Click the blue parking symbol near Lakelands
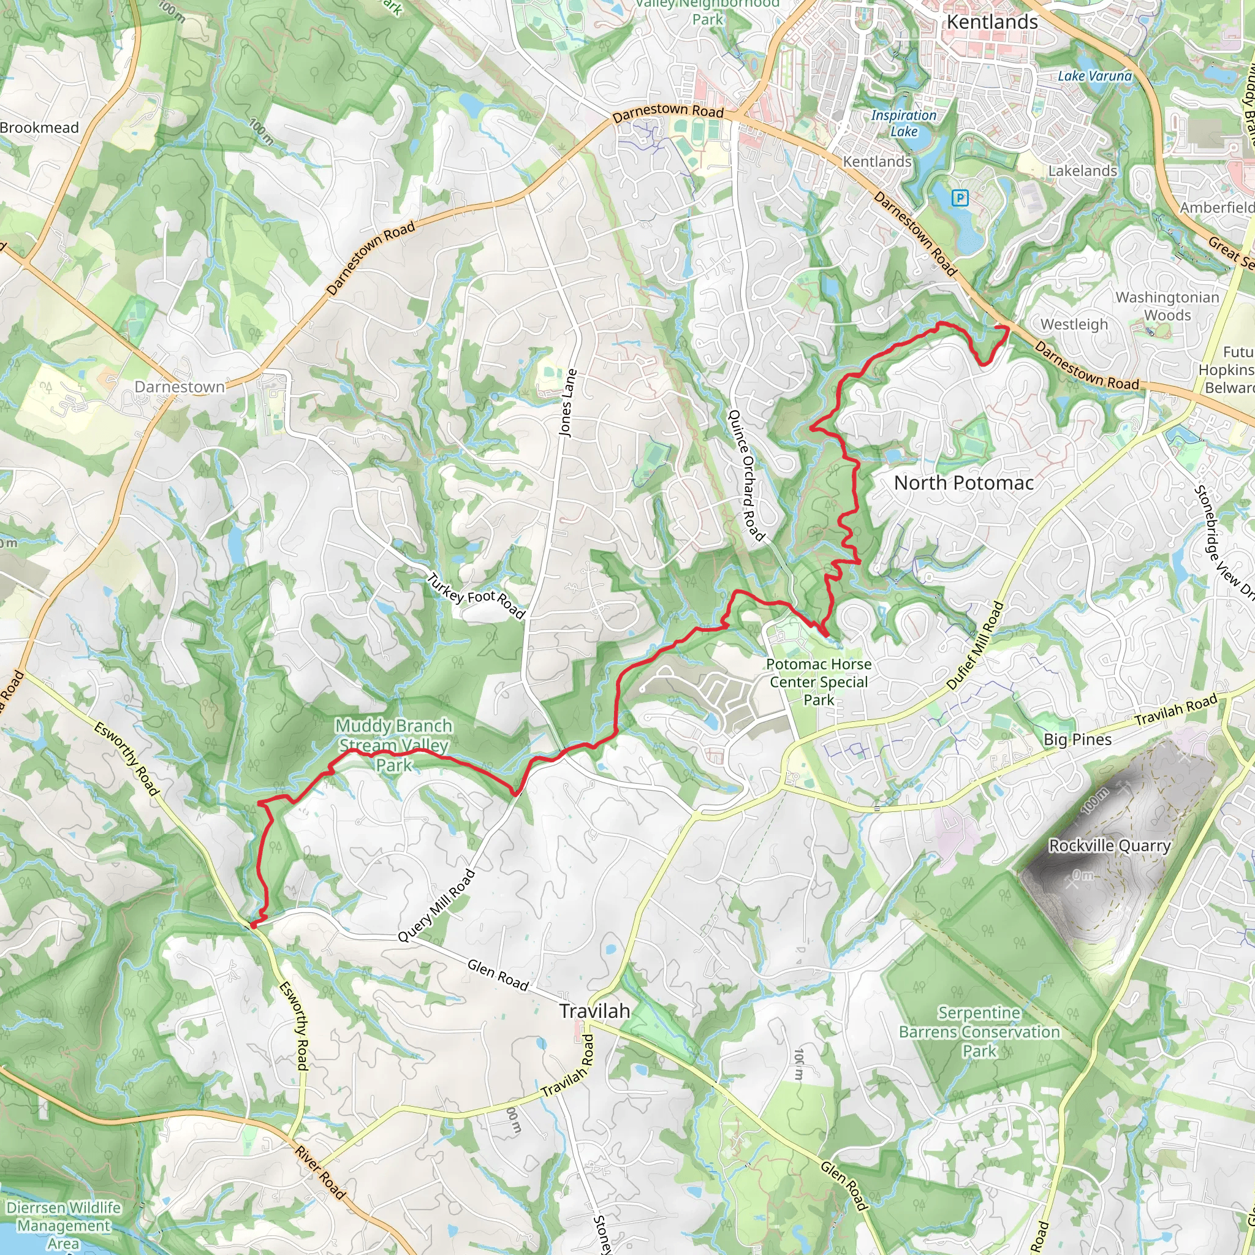click(960, 198)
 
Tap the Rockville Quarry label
click(1110, 846)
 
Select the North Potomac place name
click(963, 483)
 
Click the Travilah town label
click(594, 1010)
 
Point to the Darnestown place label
click(180, 387)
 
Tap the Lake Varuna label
click(1094, 76)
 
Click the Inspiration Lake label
click(904, 123)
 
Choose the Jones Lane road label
click(567, 403)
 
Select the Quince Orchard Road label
click(746, 475)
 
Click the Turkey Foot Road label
click(476, 596)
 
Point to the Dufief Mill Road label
click(975, 646)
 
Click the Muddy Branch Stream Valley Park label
click(393, 745)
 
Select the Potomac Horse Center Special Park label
click(819, 682)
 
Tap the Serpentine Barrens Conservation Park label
click(979, 1031)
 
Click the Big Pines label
click(1078, 739)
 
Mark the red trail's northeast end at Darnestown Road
click(1007, 328)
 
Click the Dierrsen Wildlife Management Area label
click(64, 1225)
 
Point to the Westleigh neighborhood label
click(1074, 324)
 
